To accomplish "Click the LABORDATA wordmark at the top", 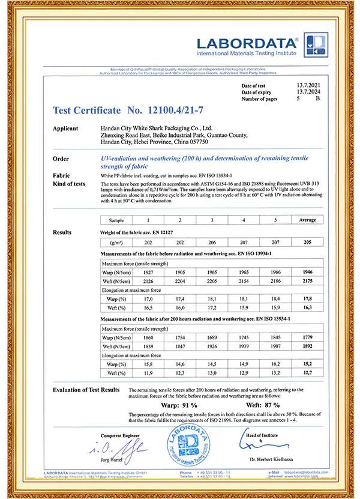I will [x=247, y=44].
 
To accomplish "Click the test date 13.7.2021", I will [x=309, y=86].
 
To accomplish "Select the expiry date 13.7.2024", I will [x=309, y=92].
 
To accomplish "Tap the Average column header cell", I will [x=307, y=220].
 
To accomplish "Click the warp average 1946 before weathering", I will [x=307, y=271].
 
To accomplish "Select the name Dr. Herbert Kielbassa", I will [x=274, y=460].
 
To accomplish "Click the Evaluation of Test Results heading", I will [x=86, y=390].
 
